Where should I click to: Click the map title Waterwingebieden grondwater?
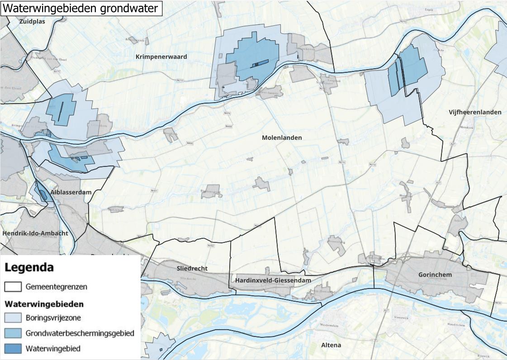point(81,8)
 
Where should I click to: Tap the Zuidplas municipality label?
point(33,21)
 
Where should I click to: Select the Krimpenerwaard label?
point(161,57)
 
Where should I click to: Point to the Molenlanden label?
point(281,137)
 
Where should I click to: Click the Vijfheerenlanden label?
point(475,112)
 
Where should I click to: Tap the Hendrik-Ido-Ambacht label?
point(35,233)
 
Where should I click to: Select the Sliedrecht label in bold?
point(192,268)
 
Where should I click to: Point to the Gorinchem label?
point(435,275)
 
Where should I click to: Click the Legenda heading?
point(29,267)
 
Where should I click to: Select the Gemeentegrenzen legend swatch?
point(13,287)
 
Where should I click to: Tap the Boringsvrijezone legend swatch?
point(13,317)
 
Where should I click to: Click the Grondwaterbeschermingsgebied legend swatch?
point(13,333)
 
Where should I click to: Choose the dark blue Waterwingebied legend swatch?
point(13,349)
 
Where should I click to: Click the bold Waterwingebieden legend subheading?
point(44,304)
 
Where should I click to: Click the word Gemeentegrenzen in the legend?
point(57,287)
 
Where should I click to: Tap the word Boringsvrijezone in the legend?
point(54,317)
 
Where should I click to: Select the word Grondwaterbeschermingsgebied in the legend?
point(80,333)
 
